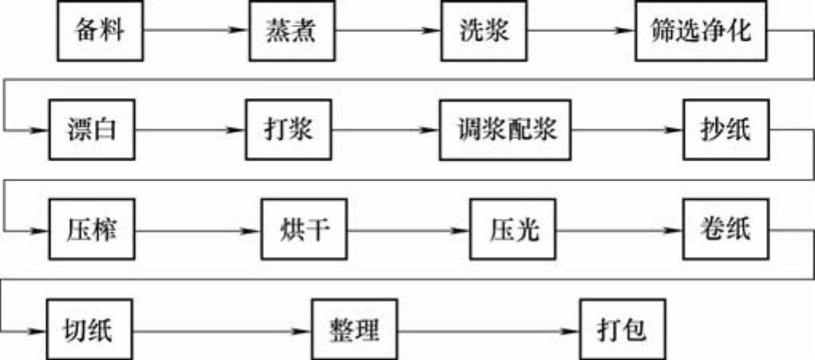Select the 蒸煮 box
[291, 31]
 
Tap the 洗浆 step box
[484, 31]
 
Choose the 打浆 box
[287, 129]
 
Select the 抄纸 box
[727, 129]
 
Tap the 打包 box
[621, 329]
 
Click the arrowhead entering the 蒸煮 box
[242, 31]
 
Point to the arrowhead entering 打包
[573, 329]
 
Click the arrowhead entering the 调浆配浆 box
[433, 129]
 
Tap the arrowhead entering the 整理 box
[305, 329]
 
